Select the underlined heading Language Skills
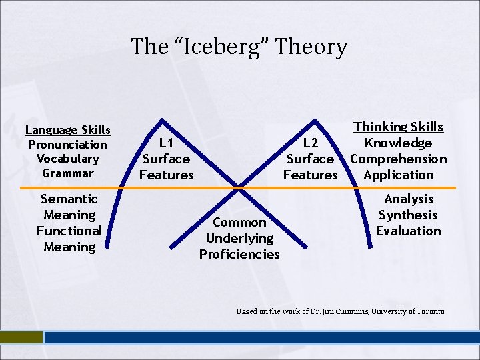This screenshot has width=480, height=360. pyautogui.click(x=68, y=130)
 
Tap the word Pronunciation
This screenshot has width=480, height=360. pyautogui.click(x=68, y=145)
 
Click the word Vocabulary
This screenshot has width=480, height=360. pyautogui.click(x=68, y=159)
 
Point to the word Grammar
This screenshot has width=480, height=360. pyautogui.click(x=68, y=173)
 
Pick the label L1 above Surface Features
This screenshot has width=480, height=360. pyautogui.click(x=166, y=143)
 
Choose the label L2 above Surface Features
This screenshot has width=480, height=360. pyautogui.click(x=311, y=143)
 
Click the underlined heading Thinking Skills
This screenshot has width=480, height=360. pyautogui.click(x=398, y=127)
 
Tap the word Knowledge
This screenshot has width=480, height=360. pyautogui.click(x=398, y=143)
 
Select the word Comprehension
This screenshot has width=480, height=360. pyautogui.click(x=398, y=159)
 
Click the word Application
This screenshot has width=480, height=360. pyautogui.click(x=398, y=175)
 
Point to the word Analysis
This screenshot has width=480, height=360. pyautogui.click(x=408, y=199)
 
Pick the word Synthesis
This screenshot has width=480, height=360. pyautogui.click(x=408, y=215)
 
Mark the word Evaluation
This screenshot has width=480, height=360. pyautogui.click(x=408, y=231)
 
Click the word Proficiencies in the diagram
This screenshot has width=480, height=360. pyautogui.click(x=239, y=254)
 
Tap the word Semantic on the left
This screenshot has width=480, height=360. pyautogui.click(x=69, y=199)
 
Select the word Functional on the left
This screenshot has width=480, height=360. pyautogui.click(x=69, y=231)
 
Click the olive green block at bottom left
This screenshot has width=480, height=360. pyautogui.click(x=21, y=338)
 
